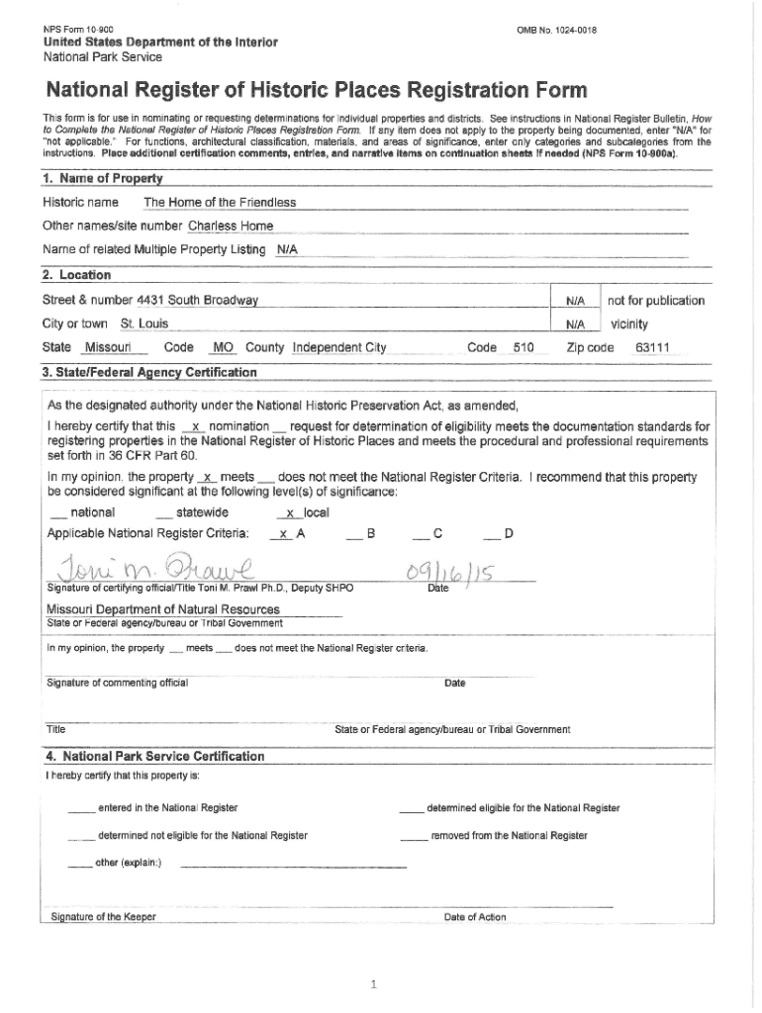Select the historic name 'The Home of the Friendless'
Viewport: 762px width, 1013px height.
click(220, 203)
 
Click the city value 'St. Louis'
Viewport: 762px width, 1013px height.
click(144, 323)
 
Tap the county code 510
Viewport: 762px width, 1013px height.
click(524, 347)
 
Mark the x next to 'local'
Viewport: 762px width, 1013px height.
click(289, 512)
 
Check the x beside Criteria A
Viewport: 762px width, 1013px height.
click(283, 534)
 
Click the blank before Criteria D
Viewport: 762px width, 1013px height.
click(491, 535)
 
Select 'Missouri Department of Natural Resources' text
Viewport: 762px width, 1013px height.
click(163, 609)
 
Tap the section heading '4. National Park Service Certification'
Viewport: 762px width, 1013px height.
click(153, 756)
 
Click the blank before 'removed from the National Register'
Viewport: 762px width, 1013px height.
click(414, 836)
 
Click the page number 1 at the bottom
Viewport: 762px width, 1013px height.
click(373, 985)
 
